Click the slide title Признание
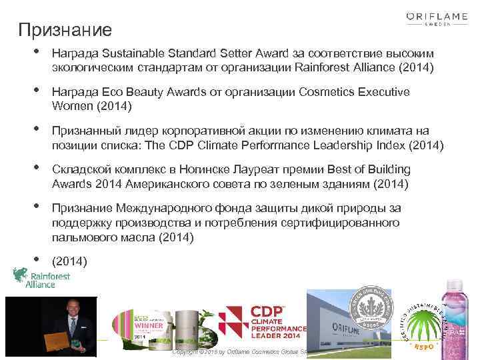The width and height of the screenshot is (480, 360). click(x=65, y=30)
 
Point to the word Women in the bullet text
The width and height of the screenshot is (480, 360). click(x=71, y=106)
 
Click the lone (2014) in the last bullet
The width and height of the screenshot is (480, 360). click(x=69, y=261)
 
